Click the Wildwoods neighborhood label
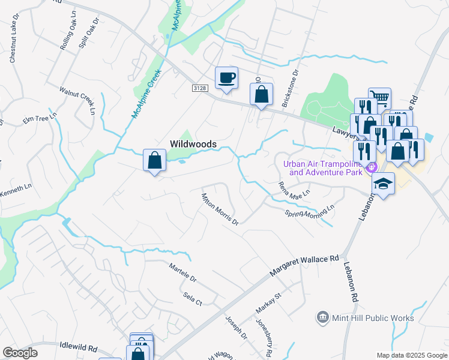[193, 144]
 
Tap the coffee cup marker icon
[226, 78]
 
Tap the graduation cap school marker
[383, 184]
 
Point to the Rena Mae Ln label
[294, 193]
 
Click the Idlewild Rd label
[79, 347]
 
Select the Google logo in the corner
[20, 353]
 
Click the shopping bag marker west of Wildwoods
[154, 161]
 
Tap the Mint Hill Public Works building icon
[323, 317]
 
